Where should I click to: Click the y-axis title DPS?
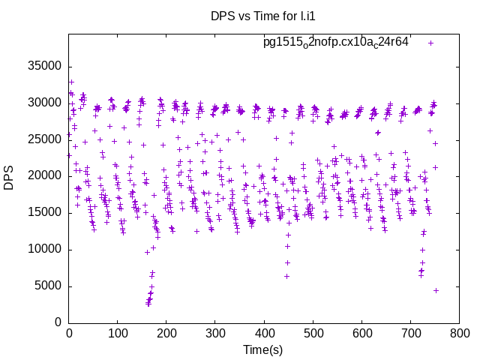[x=9, y=178]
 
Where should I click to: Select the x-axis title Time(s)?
[x=263, y=349]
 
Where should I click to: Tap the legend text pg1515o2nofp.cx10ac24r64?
[x=335, y=42]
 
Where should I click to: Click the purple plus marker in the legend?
[x=430, y=43]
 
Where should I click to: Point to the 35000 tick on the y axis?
[x=43, y=66]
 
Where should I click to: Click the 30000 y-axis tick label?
[x=43, y=103]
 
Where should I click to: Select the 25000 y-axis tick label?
[x=43, y=139]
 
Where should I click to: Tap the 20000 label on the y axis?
[x=43, y=176]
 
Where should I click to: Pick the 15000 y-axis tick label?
[x=43, y=213]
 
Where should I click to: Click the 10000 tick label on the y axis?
[x=43, y=250]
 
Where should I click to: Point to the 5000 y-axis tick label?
[x=46, y=286]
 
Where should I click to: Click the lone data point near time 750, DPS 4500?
[x=436, y=290]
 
